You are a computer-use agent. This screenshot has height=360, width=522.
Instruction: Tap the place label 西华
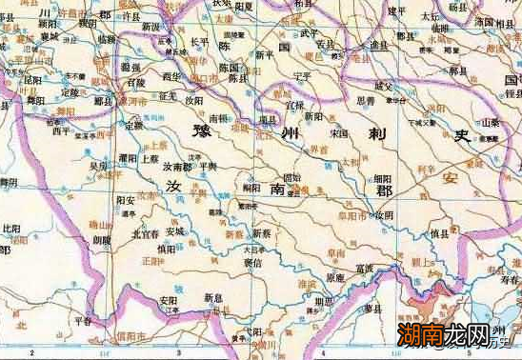(x=171, y=75)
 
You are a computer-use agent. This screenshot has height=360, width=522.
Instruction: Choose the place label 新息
(x=212, y=297)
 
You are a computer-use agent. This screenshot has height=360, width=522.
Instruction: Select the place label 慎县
(x=439, y=232)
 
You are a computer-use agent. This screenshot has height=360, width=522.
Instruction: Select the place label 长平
(x=199, y=42)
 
